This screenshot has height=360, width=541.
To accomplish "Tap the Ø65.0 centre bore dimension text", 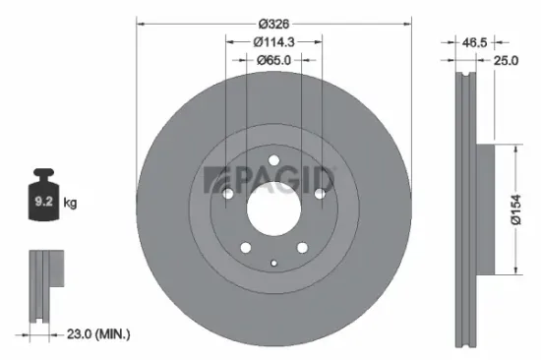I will coord(271,59).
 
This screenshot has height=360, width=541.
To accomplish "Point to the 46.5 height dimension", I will coord(474,43).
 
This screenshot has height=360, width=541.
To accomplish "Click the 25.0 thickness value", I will coord(507,59).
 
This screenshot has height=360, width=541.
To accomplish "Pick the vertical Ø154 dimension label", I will coord(515,210).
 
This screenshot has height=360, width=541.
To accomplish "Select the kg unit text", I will coord(70,204).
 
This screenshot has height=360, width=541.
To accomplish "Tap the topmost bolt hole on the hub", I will coord(271,162).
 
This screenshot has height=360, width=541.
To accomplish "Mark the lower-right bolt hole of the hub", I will coord(299,247).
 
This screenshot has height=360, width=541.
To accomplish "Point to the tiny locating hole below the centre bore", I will coord(271,264).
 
